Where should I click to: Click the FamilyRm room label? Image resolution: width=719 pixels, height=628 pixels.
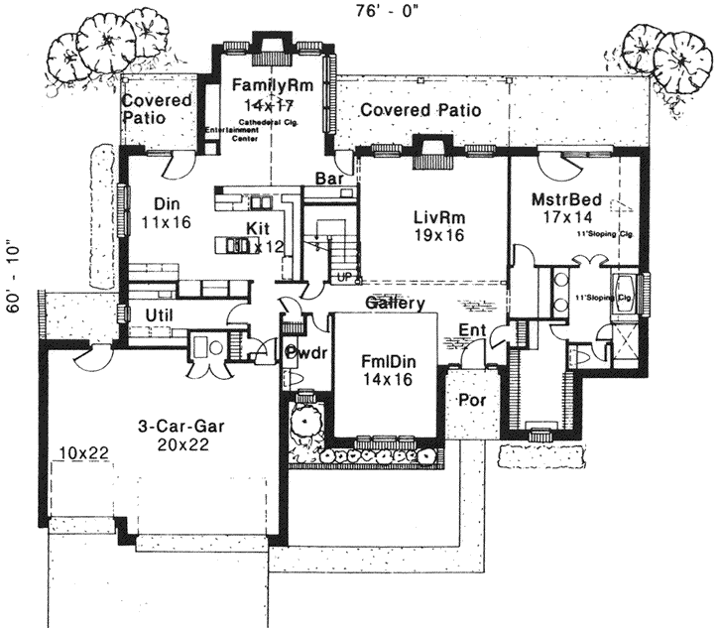[273, 86]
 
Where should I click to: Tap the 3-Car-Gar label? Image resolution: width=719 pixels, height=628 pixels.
[181, 427]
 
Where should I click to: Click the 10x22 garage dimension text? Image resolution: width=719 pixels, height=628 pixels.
[82, 452]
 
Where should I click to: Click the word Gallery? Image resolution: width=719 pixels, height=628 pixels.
[395, 304]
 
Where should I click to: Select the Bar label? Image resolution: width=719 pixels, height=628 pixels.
[328, 179]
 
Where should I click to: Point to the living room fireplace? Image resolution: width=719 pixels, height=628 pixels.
[429, 149]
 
